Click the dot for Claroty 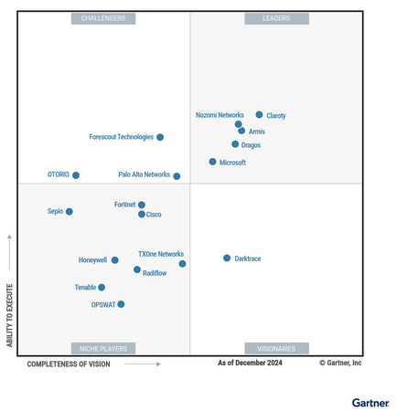(x=259, y=115)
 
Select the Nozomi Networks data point (x=238, y=124)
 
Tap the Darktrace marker (x=227, y=258)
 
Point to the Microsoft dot (x=212, y=162)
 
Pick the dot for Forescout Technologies (x=160, y=137)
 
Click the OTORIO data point (x=76, y=175)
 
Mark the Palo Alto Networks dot (x=177, y=176)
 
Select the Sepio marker (x=69, y=212)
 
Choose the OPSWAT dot (x=121, y=304)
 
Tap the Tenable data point (x=102, y=288)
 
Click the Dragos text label (x=251, y=145)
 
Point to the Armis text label (x=257, y=132)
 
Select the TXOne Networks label (x=161, y=254)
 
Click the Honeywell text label (x=92, y=260)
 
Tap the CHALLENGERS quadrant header (x=103, y=18)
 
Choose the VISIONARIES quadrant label (x=276, y=348)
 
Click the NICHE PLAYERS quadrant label (x=103, y=348)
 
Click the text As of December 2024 (x=250, y=364)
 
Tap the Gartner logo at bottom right (x=370, y=402)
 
